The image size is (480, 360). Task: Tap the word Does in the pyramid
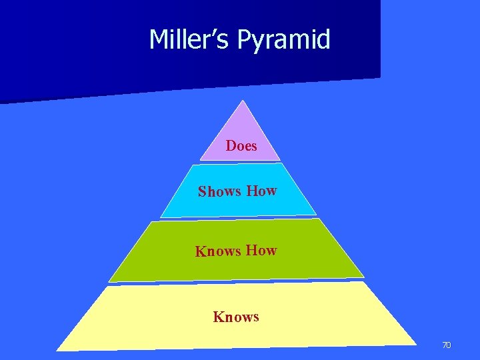241,145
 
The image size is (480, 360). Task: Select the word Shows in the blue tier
219,192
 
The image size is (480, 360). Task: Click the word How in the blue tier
261,191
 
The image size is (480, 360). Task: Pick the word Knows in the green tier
217,251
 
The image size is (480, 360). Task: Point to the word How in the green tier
261,250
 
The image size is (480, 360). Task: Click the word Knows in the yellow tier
236,317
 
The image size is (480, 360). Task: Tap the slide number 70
447,345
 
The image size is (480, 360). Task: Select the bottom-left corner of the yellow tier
57,350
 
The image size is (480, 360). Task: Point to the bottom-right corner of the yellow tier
417,344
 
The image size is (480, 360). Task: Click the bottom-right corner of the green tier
364,276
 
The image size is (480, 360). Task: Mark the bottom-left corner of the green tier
109,282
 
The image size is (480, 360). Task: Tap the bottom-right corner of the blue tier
316,214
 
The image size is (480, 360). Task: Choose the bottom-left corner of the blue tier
160,218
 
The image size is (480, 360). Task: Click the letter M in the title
159,40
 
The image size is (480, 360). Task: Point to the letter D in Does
231,145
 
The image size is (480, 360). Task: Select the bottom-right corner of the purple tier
281,159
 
